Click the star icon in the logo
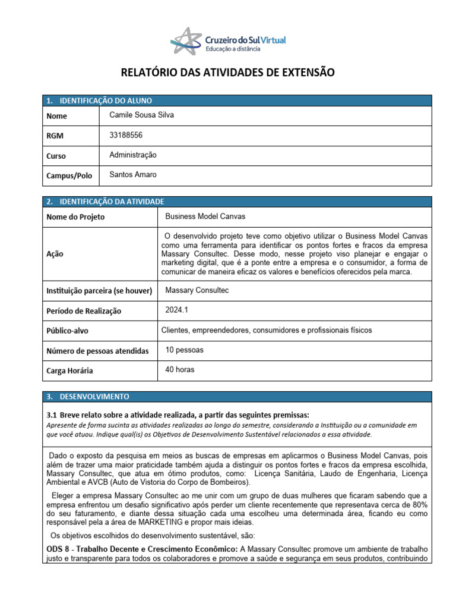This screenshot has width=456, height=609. (186, 40)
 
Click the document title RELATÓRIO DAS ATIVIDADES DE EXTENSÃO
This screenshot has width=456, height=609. (228, 73)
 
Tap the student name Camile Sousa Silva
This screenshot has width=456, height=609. (142, 115)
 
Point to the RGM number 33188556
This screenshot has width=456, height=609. (126, 135)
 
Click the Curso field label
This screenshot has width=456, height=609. (56, 156)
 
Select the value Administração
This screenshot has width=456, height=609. (133, 155)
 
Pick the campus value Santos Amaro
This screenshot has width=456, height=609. (134, 175)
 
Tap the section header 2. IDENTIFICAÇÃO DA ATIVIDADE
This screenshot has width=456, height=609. (105, 202)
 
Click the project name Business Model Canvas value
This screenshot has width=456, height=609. (205, 216)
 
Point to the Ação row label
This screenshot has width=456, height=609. (55, 253)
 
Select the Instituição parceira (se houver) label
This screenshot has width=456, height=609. (99, 291)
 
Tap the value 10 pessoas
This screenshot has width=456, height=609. (185, 350)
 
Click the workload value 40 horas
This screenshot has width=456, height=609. (179, 369)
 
